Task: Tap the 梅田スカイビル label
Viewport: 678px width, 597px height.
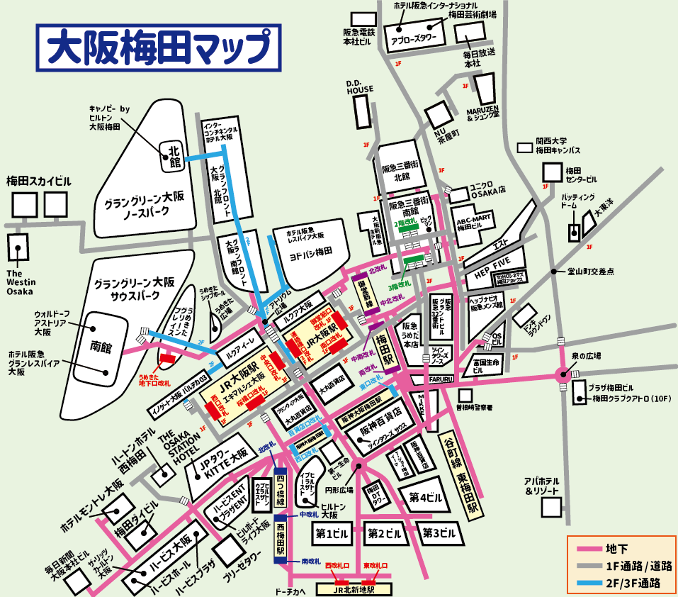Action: click(x=39, y=180)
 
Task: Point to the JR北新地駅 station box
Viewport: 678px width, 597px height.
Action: click(x=354, y=588)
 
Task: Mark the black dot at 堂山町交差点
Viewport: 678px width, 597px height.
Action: click(x=555, y=272)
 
